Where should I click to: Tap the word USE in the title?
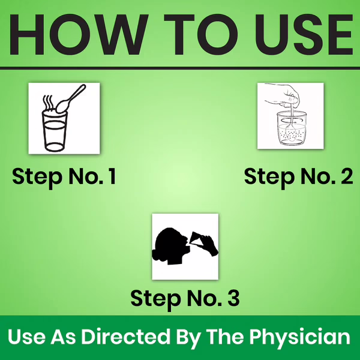(x=304, y=34)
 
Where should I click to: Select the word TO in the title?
(x=202, y=34)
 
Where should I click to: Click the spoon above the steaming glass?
(x=71, y=99)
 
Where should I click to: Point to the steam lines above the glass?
(x=48, y=102)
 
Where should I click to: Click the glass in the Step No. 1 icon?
(x=55, y=131)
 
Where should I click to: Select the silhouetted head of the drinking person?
(x=170, y=246)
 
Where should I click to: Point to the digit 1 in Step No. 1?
(x=113, y=176)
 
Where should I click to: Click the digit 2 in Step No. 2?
(x=347, y=176)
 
